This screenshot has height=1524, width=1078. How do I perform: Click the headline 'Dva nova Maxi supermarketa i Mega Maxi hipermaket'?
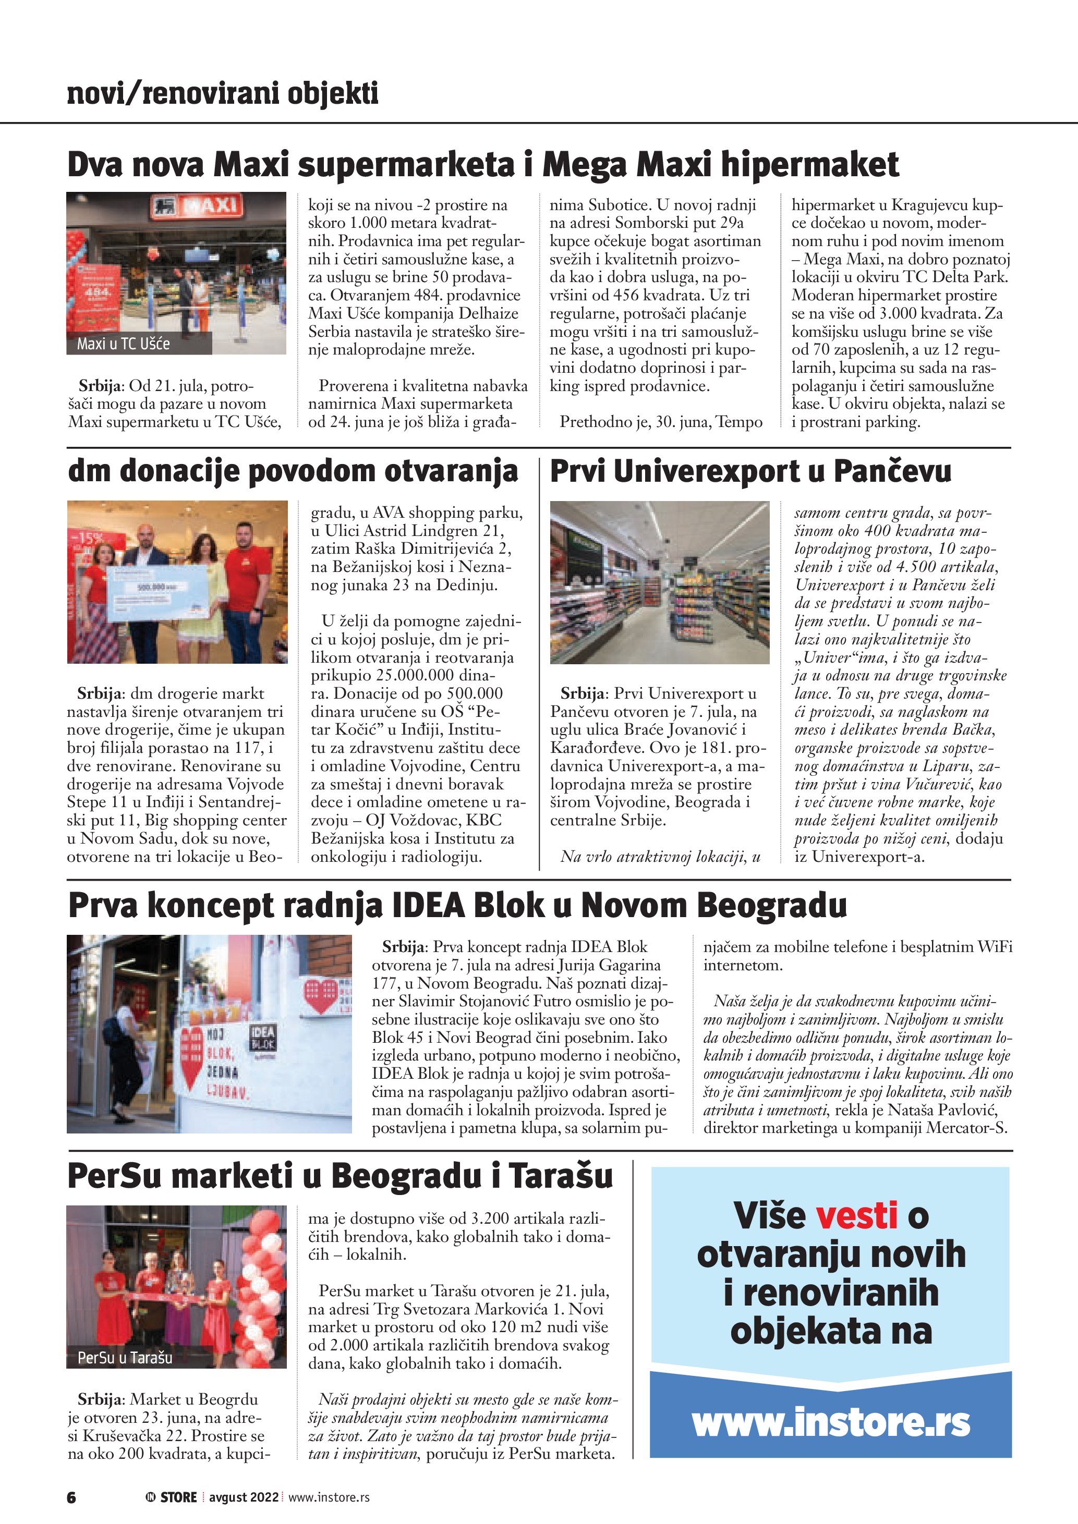coord(482,165)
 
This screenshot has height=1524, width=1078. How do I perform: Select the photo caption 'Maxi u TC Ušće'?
coord(124,344)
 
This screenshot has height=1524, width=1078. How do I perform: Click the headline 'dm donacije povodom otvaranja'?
coord(293,471)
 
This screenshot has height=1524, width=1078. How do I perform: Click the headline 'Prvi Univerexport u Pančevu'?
coord(750,471)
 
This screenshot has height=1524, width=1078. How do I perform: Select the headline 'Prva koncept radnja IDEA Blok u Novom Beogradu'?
coord(457,905)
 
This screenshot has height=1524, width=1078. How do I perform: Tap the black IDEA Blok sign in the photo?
coord(262,1038)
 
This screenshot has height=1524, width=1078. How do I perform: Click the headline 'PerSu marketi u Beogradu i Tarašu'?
coord(340,1176)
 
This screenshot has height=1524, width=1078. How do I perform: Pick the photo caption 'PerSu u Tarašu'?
coord(125,1357)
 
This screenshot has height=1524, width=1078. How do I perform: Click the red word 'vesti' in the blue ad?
coord(856,1215)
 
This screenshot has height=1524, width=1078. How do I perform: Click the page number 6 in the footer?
coord(71,1497)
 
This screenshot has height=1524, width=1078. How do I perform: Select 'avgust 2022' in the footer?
coord(244,1497)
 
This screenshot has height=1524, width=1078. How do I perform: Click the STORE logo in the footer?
coord(172,1497)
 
